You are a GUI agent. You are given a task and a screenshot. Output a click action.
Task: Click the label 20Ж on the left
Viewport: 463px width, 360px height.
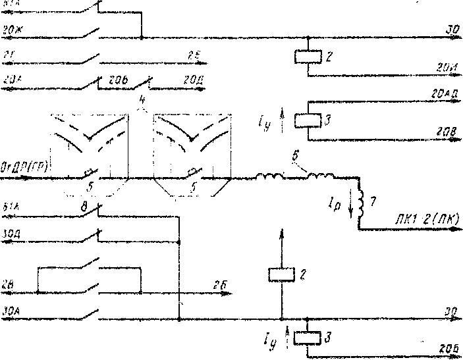point(12,30)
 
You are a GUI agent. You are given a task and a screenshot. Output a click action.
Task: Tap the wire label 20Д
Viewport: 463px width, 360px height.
point(192,80)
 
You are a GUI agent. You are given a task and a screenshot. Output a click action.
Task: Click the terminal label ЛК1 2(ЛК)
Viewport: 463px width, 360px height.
point(431,218)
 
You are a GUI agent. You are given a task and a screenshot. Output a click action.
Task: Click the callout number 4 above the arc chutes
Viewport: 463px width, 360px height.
point(143,101)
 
